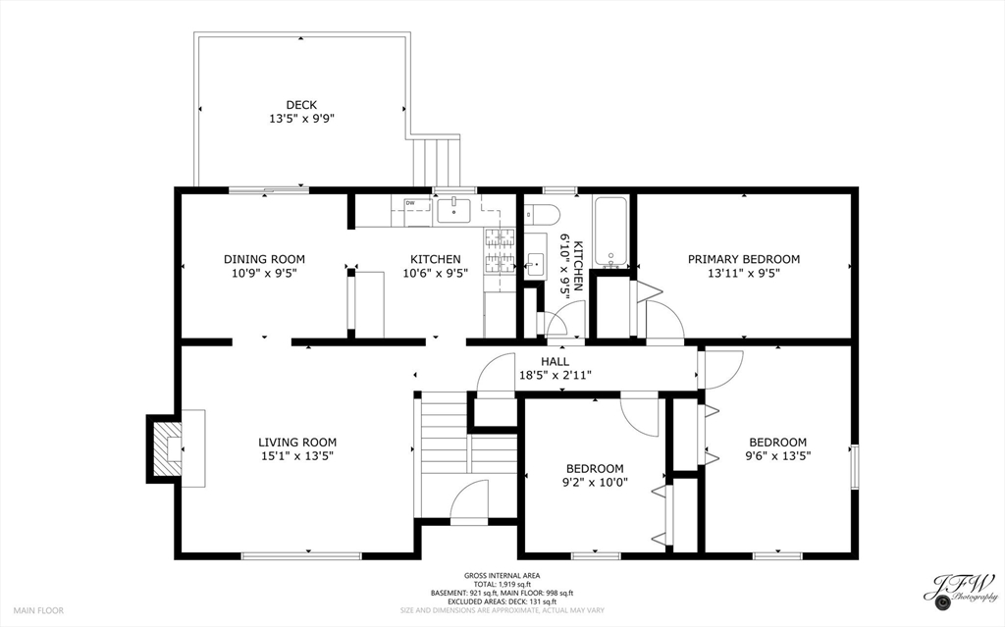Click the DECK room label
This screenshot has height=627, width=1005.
point(301,105)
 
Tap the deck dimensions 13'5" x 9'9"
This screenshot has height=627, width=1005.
point(301,119)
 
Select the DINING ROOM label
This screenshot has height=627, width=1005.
point(259,259)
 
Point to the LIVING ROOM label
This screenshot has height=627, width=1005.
point(297,443)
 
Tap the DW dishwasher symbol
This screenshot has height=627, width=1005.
point(410,204)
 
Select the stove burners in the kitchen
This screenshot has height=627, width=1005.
point(500,249)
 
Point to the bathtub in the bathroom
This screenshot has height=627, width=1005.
point(611,233)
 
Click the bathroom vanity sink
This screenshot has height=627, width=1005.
point(535,263)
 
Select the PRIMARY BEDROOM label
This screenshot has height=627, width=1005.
point(743,259)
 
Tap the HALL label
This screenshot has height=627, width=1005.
point(555,362)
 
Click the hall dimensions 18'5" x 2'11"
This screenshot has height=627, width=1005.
point(555,375)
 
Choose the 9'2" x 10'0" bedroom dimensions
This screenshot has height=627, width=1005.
point(595,482)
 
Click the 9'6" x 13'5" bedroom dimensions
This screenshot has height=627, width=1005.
point(777,455)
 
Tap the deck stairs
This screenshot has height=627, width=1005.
point(435,162)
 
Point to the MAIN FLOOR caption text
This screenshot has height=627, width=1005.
point(38,610)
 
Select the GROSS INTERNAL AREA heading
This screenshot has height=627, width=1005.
point(502,576)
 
